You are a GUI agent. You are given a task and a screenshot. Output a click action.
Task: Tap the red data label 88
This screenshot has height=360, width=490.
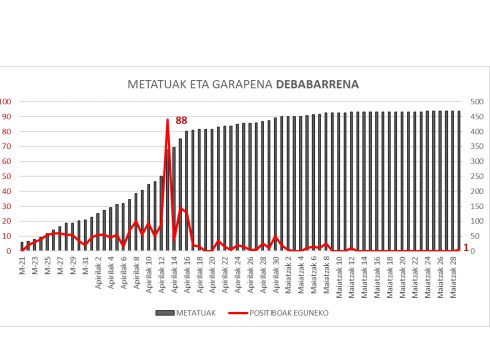181,121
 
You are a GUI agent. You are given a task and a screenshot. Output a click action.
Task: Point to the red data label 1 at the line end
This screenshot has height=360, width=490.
466,247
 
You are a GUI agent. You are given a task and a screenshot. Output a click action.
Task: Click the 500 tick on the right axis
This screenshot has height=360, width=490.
475,101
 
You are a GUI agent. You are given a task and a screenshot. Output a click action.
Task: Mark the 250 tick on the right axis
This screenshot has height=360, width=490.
475,176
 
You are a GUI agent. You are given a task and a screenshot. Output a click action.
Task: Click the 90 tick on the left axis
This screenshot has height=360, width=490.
5,116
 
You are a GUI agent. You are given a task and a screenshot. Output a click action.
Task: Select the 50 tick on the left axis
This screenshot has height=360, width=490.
5,176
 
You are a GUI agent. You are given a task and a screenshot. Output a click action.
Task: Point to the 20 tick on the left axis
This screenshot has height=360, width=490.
5,221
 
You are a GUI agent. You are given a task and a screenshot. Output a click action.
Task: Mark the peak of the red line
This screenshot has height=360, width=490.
168,120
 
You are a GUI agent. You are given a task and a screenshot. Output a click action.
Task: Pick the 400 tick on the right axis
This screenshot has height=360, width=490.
475,131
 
